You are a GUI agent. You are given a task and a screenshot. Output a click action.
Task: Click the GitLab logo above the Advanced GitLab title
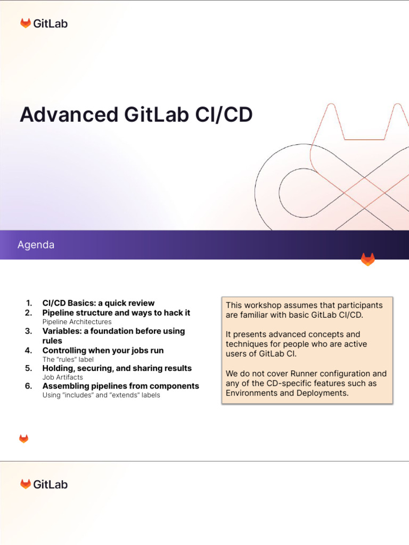(44, 23)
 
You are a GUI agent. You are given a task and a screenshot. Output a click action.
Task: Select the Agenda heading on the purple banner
(36, 245)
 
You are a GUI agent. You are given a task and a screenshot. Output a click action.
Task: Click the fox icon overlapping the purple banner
(367, 259)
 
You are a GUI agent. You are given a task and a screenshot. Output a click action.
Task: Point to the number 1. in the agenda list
(29, 303)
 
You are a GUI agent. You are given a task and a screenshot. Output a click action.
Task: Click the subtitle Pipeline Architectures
(77, 322)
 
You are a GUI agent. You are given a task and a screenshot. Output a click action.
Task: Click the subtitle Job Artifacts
(62, 377)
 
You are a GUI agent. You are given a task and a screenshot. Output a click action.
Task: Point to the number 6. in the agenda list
(29, 386)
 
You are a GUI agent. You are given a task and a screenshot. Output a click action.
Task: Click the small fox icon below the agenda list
(23, 439)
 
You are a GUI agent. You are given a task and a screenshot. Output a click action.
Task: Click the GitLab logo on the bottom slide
(44, 484)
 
